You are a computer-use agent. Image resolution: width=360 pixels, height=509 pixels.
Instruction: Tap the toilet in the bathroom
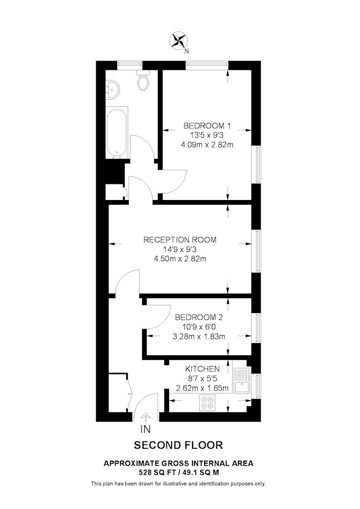(x=143, y=80)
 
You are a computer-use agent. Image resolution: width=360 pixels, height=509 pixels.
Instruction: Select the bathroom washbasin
(x=112, y=89)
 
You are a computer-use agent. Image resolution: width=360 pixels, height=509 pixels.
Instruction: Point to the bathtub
(x=117, y=133)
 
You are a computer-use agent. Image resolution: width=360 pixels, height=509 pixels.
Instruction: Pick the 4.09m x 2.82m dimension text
(x=207, y=145)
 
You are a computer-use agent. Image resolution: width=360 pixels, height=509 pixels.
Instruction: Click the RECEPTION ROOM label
(x=180, y=240)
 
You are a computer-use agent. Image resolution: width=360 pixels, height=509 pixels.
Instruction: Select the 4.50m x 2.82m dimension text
(x=180, y=259)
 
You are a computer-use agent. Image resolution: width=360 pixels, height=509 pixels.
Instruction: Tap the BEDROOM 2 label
(x=199, y=317)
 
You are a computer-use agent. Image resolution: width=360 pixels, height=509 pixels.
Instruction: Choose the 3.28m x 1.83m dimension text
(x=199, y=336)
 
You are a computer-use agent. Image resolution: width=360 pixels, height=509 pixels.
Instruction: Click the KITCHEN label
(x=202, y=369)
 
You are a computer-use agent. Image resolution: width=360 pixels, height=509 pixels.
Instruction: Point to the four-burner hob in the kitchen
(x=207, y=402)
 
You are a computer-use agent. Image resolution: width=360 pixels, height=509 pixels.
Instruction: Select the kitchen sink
(x=242, y=381)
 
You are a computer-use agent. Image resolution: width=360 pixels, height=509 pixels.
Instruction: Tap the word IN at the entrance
(x=146, y=429)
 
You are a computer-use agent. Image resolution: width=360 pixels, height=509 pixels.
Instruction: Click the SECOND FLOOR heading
(x=179, y=445)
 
